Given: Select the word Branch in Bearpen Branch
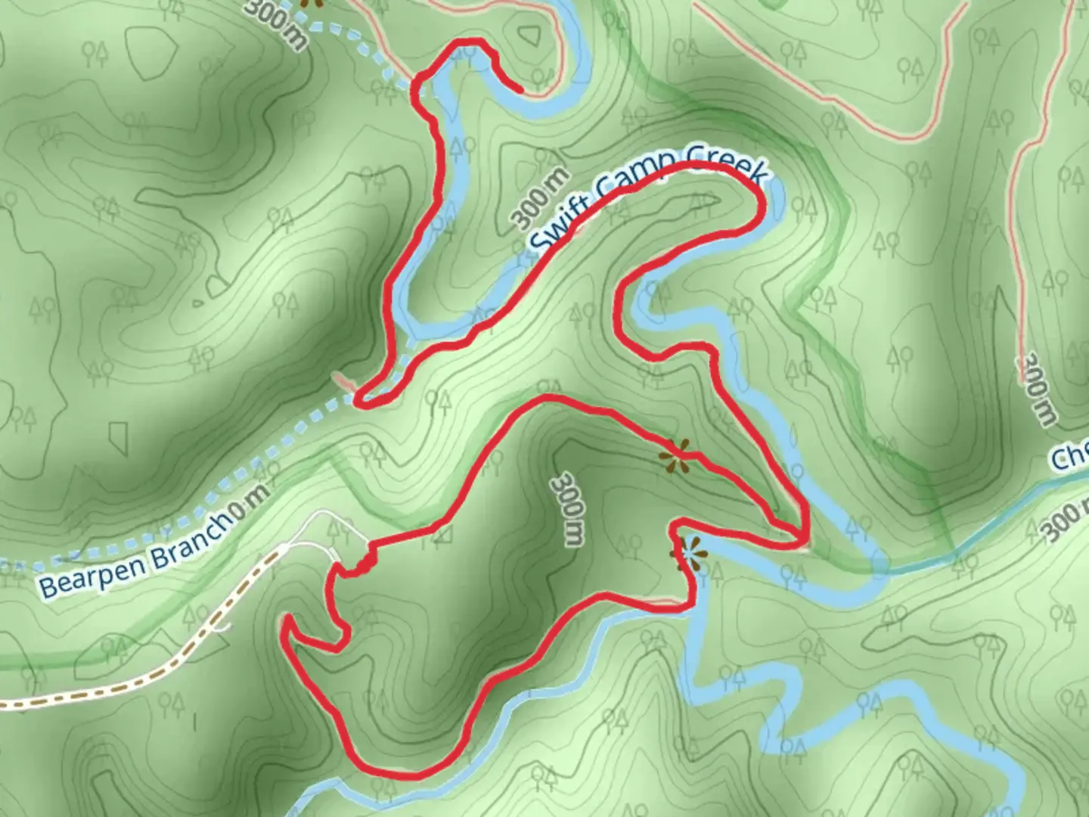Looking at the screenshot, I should coord(189,536).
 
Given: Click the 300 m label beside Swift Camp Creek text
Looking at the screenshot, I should coord(540,198).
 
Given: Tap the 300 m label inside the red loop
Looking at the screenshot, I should coord(568,510).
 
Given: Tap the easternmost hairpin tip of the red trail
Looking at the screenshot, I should coord(805,539).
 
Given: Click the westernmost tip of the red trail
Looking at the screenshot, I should coord(286,622).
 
